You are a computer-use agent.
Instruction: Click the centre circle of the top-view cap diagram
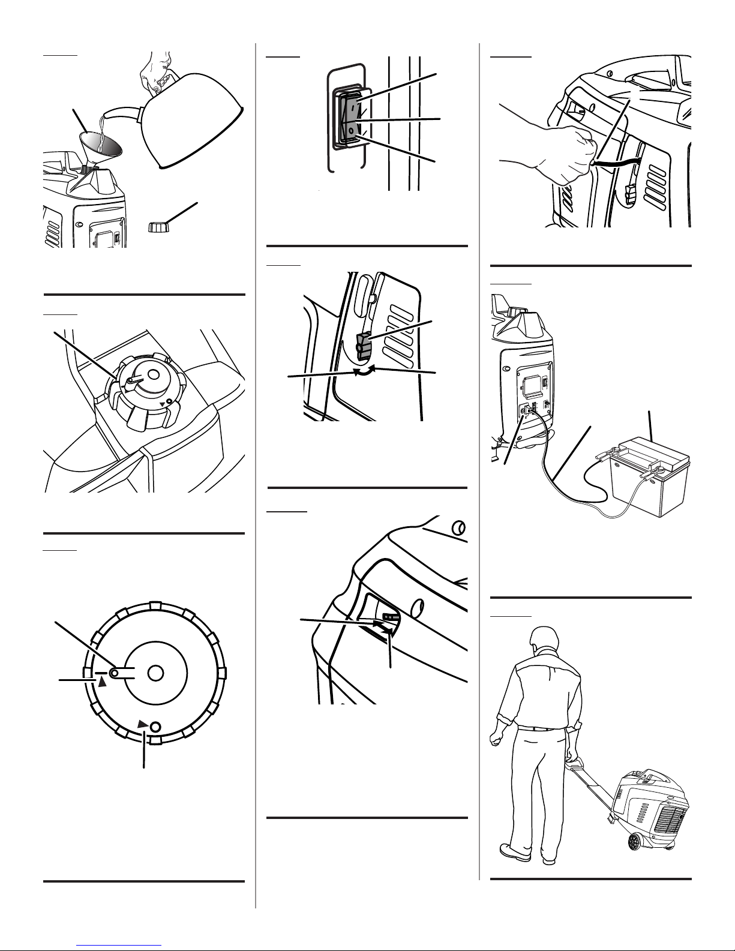tap(155, 673)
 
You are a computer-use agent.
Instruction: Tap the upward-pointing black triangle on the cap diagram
tap(103, 682)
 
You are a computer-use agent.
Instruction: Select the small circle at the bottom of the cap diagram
tap(155, 726)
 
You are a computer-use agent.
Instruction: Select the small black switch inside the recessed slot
tap(391, 616)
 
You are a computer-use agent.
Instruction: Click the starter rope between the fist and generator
tap(618, 163)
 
